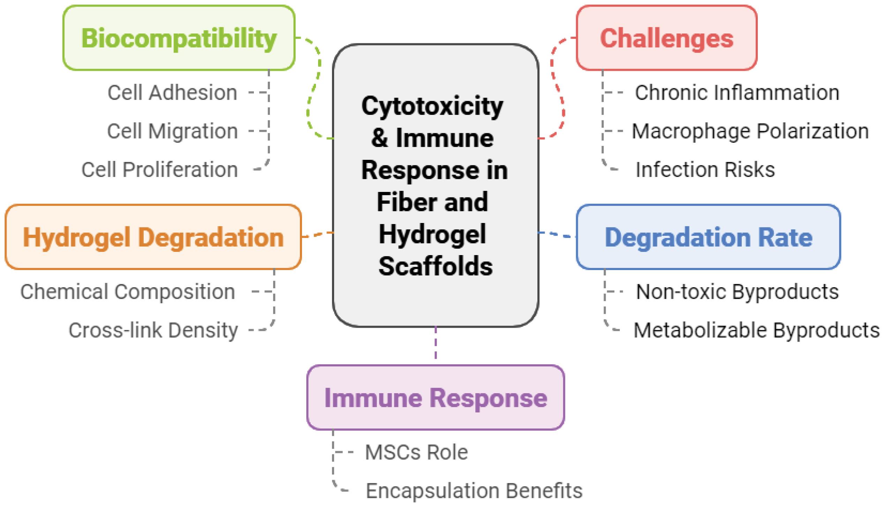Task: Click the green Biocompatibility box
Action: point(179,38)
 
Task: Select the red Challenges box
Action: point(666,38)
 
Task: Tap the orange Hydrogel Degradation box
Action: point(153,237)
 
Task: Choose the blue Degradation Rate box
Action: point(708,237)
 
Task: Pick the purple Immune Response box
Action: point(436,397)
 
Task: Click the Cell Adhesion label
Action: point(172,93)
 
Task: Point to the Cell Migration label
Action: point(172,131)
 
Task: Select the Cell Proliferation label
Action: point(159,170)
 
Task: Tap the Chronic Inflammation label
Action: point(737,93)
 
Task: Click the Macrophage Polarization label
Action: point(750,131)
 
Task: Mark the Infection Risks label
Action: point(705,170)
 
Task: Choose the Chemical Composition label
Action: point(128,291)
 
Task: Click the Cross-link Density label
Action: point(153,330)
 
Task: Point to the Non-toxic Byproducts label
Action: point(737,291)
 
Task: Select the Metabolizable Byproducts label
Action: point(756,330)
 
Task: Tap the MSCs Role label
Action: point(416,452)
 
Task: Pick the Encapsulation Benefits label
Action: point(474,491)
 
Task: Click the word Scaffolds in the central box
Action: point(436,266)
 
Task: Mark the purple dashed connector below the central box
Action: point(436,343)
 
